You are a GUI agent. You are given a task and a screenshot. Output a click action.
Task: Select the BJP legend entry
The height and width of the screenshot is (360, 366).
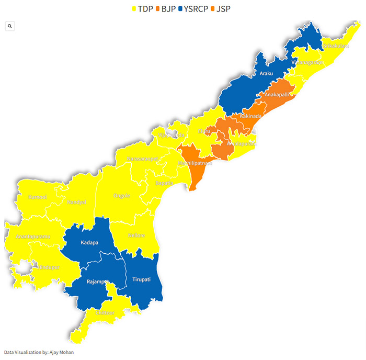click(x=166, y=8)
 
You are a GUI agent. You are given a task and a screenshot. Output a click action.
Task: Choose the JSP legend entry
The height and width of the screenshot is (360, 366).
click(x=222, y=8)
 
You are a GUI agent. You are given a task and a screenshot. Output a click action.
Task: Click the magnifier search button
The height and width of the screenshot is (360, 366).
click(x=10, y=26)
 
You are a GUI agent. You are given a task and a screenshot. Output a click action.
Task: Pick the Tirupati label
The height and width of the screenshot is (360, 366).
click(x=141, y=279)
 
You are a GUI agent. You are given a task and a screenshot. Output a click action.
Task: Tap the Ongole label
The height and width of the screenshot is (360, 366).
click(x=121, y=196)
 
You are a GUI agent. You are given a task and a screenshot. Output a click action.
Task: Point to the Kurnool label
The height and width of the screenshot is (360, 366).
click(x=37, y=197)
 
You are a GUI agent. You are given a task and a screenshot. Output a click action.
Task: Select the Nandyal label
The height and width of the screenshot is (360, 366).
click(x=76, y=202)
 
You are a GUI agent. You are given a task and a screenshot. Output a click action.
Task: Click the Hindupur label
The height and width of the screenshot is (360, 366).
click(x=49, y=267)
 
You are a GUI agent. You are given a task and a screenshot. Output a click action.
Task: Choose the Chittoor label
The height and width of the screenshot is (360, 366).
click(x=106, y=312)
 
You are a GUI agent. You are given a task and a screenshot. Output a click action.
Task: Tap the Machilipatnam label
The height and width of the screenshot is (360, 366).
click(x=196, y=163)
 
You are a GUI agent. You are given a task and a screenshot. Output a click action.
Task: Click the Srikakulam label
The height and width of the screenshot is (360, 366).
click(x=336, y=46)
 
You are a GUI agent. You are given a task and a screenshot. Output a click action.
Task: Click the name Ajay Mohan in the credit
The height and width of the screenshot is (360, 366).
click(x=61, y=352)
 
